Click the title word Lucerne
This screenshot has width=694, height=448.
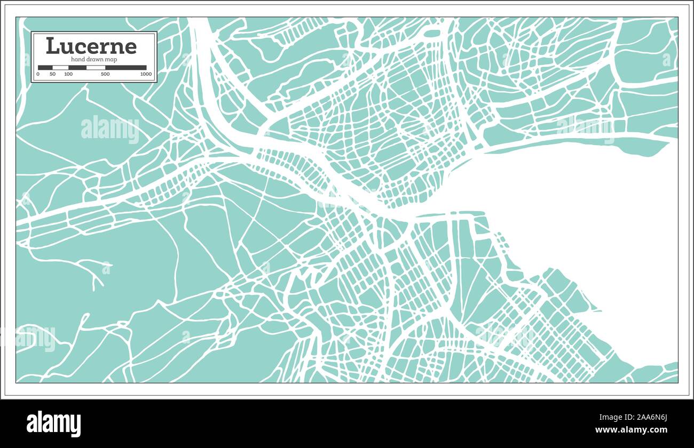tap(91, 46)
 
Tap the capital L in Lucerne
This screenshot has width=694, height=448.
tap(52, 46)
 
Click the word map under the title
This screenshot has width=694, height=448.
tap(111, 59)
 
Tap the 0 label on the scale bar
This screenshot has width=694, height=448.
tap(38, 74)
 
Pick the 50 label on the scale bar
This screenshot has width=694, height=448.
tap(52, 74)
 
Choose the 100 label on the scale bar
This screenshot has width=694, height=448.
tap(68, 74)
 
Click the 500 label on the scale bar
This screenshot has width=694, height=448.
tap(105, 74)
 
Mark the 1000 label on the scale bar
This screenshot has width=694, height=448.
tap(146, 74)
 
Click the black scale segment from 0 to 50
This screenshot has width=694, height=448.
tap(45, 68)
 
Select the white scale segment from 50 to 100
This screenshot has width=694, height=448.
tap(60, 68)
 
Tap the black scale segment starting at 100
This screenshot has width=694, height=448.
tap(77, 68)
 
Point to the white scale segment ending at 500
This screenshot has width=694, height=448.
tap(96, 68)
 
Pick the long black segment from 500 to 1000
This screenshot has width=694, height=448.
tap(125, 68)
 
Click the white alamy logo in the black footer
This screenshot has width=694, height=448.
tap(53, 423)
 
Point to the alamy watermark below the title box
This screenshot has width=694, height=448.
tap(109, 130)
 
